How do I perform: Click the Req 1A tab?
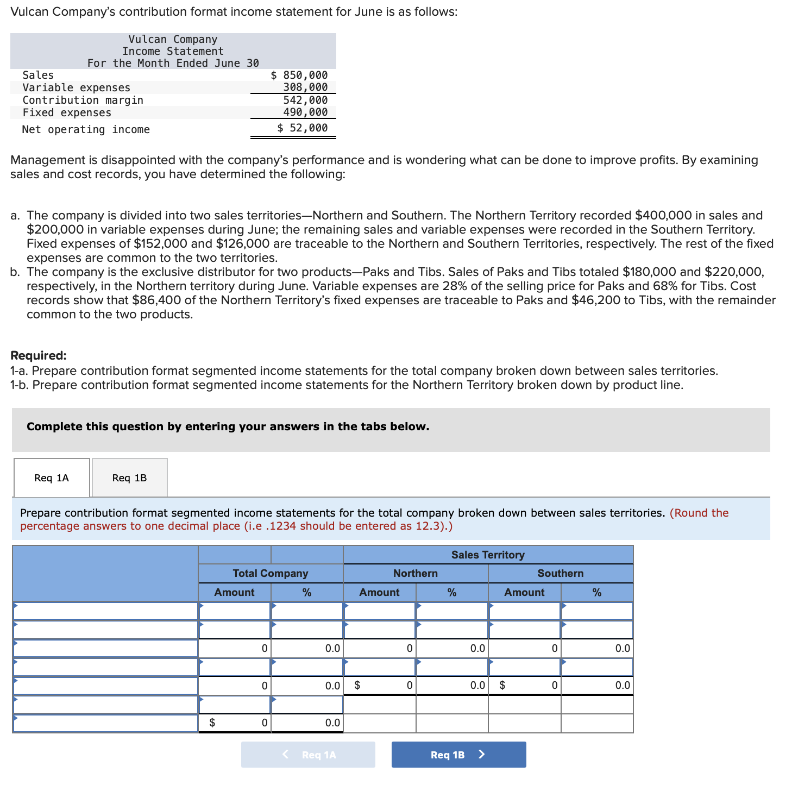pos(52,478)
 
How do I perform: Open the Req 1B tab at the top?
pos(129,478)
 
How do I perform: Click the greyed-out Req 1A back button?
pos(308,755)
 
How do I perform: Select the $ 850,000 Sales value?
pos(299,75)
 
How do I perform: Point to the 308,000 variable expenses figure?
pos(305,87)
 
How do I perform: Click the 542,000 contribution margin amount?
pos(305,100)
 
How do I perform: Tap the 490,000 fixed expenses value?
pos(305,112)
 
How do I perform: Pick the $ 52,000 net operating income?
pos(302,128)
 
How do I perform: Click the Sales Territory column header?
pos(488,555)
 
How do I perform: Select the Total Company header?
pos(270,573)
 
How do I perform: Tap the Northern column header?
pos(415,573)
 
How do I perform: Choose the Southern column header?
pos(560,573)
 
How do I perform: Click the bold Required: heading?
pos(39,355)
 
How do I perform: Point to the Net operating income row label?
pos(86,129)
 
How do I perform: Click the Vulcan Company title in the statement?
pos(173,39)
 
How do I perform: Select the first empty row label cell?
pos(105,611)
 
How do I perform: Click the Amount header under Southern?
pos(524,592)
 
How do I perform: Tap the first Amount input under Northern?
pos(379,611)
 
